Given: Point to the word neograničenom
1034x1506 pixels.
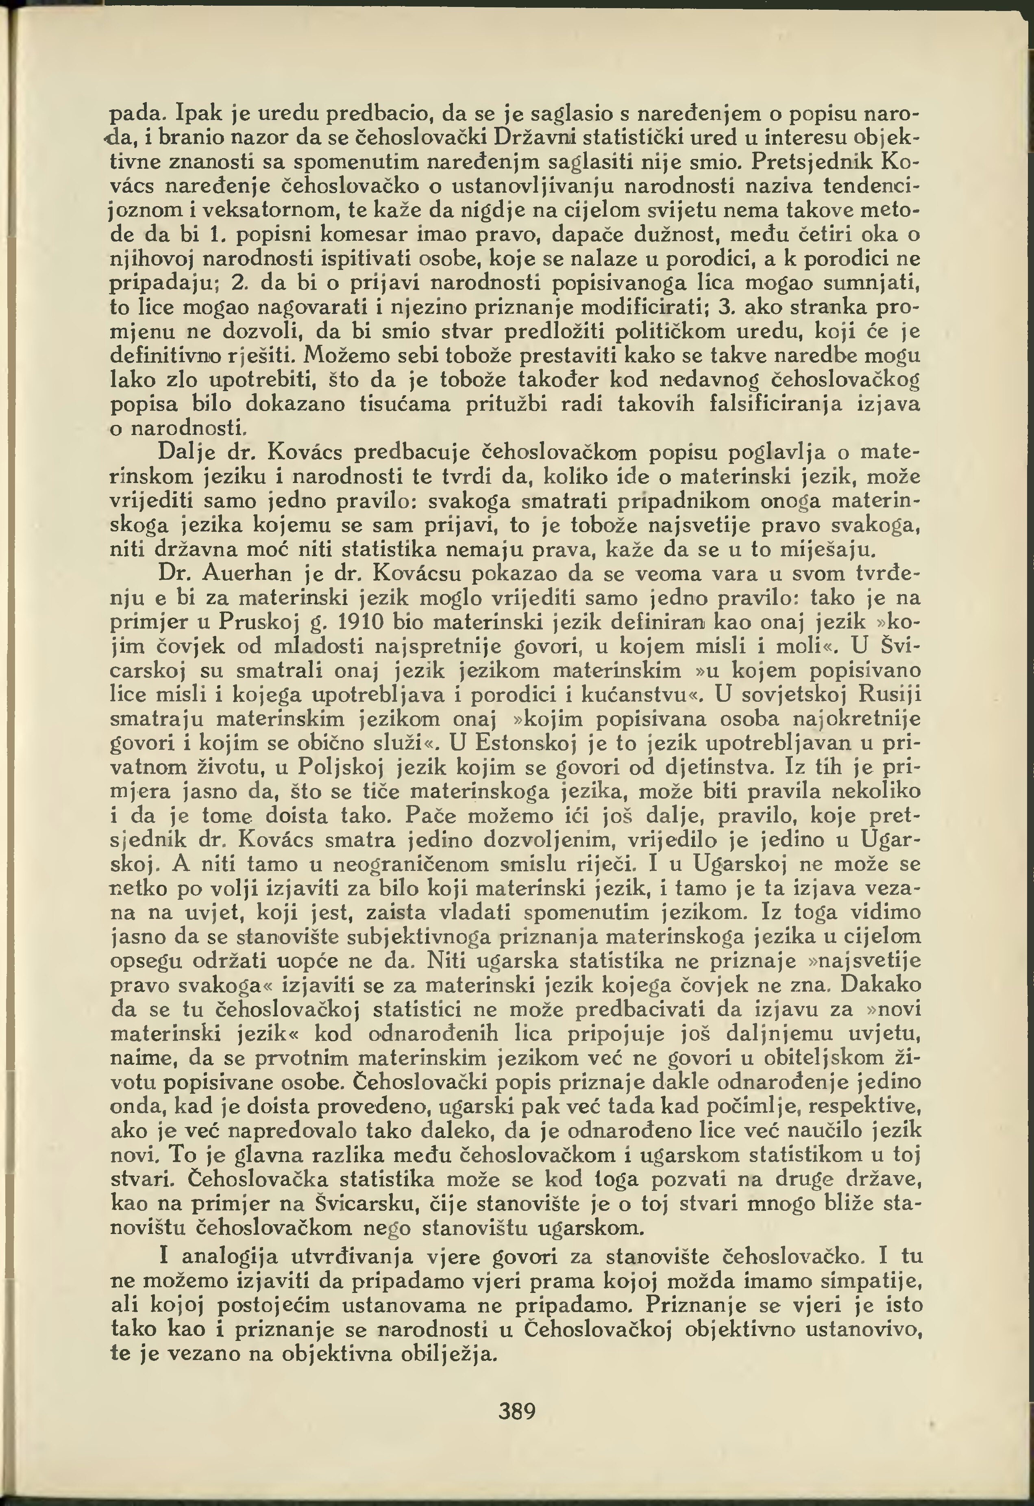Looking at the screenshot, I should coord(414,864).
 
